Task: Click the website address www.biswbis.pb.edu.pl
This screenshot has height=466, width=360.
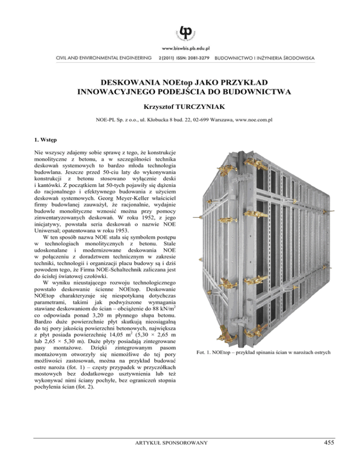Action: coord(180,48)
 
